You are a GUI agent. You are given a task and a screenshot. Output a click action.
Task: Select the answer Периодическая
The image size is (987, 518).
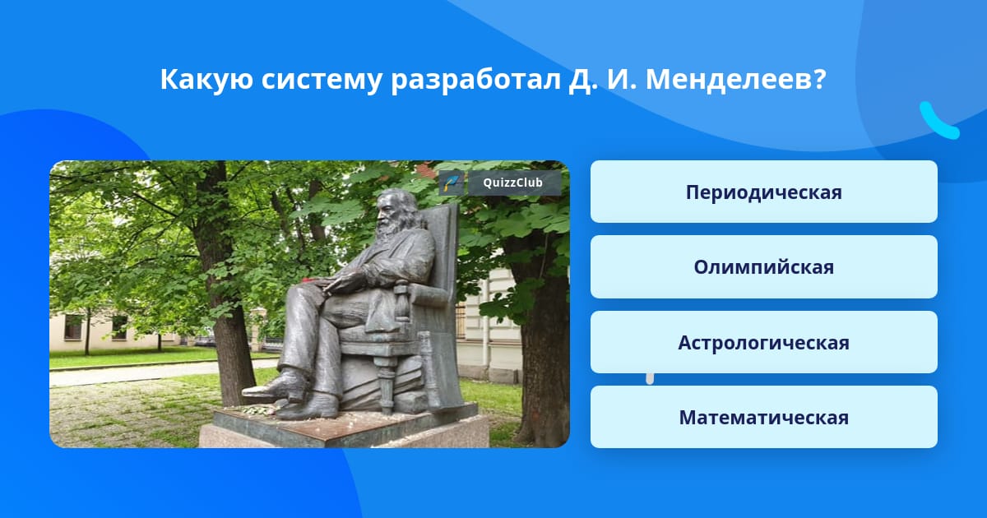(763, 192)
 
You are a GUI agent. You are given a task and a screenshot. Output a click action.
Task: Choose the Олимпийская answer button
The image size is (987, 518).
(763, 267)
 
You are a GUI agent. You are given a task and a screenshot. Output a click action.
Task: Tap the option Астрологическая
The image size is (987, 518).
(763, 342)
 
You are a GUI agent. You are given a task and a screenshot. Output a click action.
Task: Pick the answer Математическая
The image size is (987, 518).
(763, 417)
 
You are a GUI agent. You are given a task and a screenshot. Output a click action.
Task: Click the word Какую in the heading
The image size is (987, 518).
(206, 81)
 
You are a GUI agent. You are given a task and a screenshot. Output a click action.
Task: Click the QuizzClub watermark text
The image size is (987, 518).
(512, 183)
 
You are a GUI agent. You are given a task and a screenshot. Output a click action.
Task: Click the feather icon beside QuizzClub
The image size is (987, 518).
(452, 183)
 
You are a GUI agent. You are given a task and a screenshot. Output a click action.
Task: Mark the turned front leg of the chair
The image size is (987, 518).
(386, 383)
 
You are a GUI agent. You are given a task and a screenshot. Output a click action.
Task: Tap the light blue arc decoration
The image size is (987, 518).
(938, 121)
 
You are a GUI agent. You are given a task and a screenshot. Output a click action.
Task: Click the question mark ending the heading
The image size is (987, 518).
(819, 80)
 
